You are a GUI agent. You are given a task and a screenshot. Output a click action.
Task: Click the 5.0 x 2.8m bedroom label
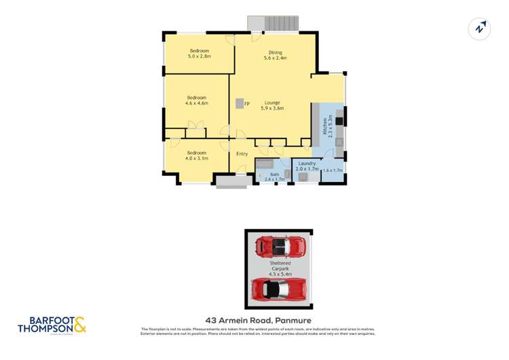pos(200,54)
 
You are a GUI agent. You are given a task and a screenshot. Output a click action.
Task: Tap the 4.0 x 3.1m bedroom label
pos(197,156)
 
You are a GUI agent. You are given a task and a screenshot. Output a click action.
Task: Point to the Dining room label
pos(275,55)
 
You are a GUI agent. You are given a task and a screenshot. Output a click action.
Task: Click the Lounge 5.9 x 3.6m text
pos(271,105)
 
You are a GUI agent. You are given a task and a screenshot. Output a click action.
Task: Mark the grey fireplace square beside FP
pos(240,103)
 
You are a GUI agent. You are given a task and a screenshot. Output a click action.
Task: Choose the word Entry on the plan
pos(242,154)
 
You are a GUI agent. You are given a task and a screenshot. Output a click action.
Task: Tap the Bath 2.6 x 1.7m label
pos(274,177)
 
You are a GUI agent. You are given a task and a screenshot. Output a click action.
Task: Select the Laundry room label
pos(307,166)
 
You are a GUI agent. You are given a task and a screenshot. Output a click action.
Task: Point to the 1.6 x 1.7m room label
pos(333,170)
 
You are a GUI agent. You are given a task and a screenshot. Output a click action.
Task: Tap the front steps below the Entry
pos(231,181)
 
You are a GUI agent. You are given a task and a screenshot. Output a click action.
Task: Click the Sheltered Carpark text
pos(280,266)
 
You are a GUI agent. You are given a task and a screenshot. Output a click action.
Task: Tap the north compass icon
pos(480,29)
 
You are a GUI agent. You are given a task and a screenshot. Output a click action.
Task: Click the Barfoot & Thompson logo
pos(52,325)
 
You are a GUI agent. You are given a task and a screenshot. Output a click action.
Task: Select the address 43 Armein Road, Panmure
pos(258,320)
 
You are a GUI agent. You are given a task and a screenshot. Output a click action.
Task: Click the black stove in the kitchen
pos(339,121)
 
